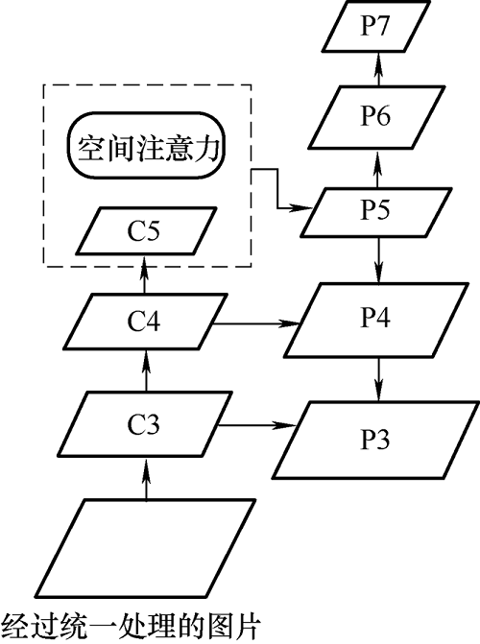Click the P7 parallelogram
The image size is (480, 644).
pos(375,26)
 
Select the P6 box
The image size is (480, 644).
pos(376,117)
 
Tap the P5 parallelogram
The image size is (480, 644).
pos(375,212)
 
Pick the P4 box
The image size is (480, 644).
pos(376,320)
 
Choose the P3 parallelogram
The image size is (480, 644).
pos(376,440)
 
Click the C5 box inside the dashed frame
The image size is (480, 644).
pos(146,230)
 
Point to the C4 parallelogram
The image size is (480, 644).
pos(145,322)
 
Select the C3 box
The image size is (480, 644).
pos(146,424)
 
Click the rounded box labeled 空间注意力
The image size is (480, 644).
pos(146,145)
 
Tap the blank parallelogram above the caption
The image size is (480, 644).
pos(145,548)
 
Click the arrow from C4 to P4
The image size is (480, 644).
pos(255,323)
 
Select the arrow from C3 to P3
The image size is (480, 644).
pos(256,425)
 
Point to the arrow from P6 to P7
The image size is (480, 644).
pos(378,69)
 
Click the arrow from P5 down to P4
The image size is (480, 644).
pos(378,260)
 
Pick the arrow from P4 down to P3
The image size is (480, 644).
pos(378,379)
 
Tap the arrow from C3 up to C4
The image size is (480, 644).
pos(147,370)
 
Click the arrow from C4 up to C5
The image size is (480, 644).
pos(144,274)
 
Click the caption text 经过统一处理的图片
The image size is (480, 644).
pos(131,626)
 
